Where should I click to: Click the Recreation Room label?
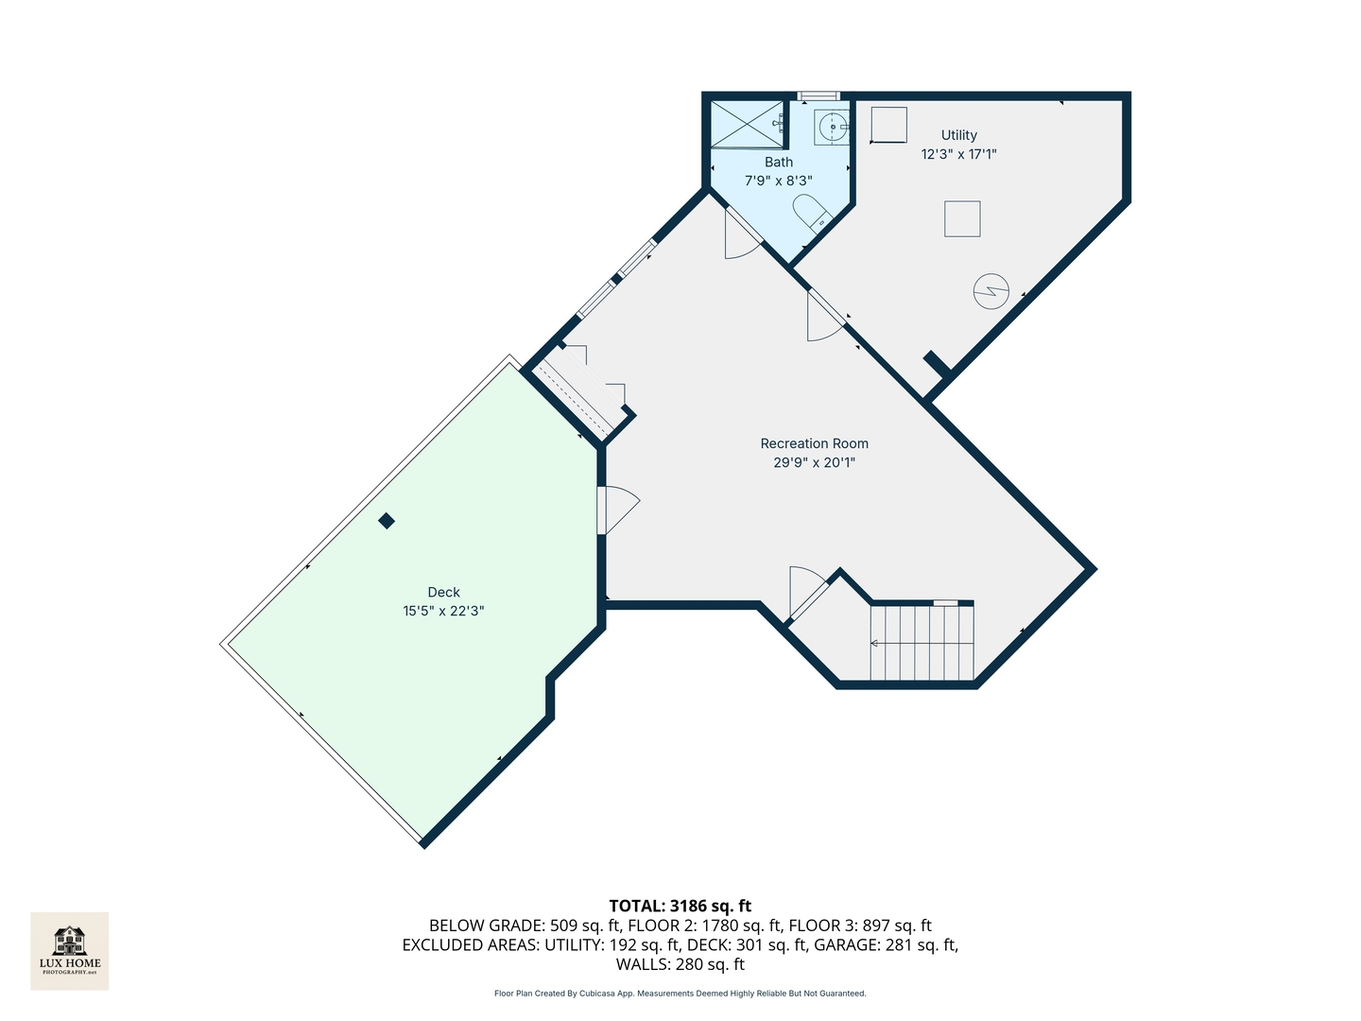[x=814, y=443]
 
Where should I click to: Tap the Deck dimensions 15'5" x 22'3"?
[x=443, y=612]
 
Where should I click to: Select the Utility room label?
[x=958, y=135]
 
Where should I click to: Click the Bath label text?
[x=778, y=163]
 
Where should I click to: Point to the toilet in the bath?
[x=810, y=213]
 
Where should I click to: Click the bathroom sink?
[x=832, y=126]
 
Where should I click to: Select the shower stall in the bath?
[x=747, y=124]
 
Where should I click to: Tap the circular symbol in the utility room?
[x=991, y=291]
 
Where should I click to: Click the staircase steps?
[x=922, y=643]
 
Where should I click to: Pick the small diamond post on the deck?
[x=386, y=521]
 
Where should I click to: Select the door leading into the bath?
[x=742, y=236]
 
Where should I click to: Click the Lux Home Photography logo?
[x=70, y=950]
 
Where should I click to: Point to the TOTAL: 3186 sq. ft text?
[x=680, y=907]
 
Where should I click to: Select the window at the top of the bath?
[x=818, y=95]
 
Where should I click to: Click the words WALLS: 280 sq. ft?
[x=680, y=965]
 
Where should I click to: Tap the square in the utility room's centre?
[x=962, y=219]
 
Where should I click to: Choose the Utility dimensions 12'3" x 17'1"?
[x=958, y=154]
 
